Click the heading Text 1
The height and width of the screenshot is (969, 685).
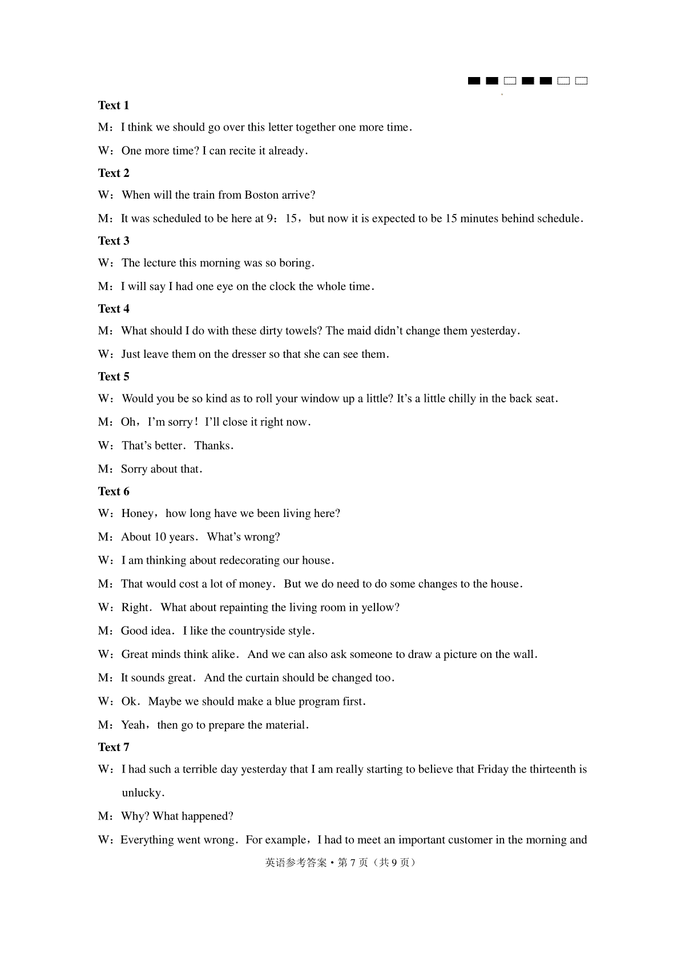114,105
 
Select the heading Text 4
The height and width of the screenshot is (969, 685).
114,309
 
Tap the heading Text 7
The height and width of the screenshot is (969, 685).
114,747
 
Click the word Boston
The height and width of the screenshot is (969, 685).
262,195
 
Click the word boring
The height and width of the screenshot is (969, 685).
296,263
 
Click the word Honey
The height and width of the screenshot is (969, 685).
138,514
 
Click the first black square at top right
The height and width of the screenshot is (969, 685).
474,81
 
